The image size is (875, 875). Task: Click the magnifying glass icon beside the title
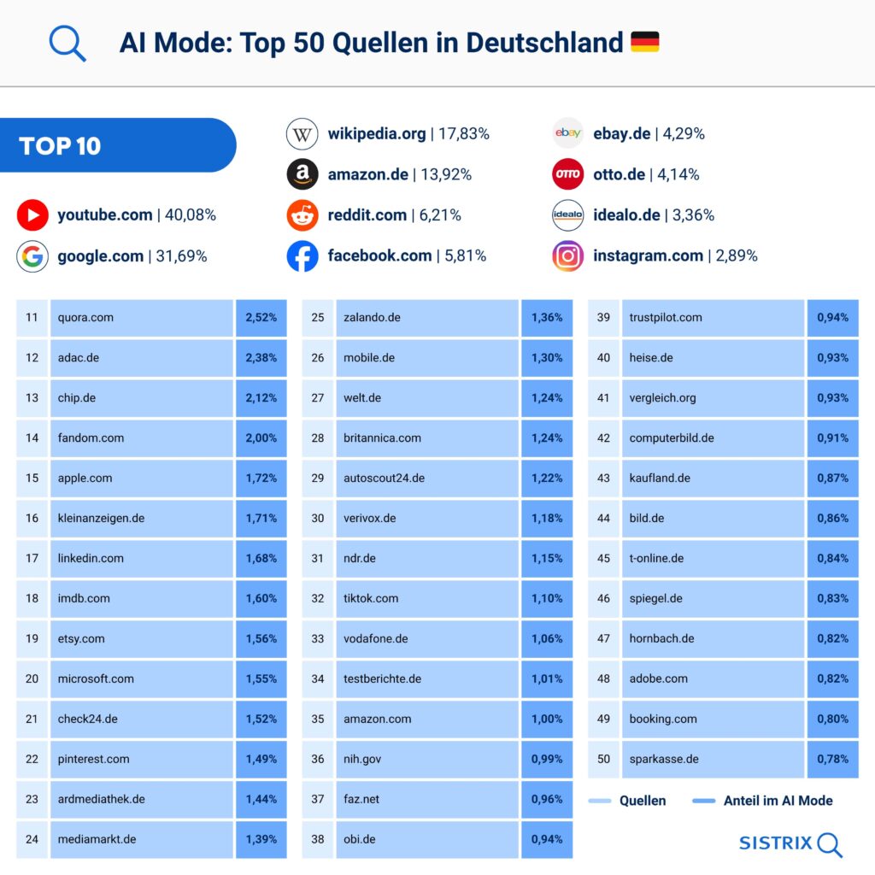(67, 43)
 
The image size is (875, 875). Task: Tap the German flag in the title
(644, 42)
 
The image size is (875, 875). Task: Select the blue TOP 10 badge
(117, 145)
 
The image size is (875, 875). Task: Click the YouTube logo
(32, 215)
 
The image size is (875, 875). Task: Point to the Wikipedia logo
(302, 134)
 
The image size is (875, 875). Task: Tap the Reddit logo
(302, 215)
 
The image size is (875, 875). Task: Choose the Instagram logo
(567, 255)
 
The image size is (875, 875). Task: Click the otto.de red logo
(567, 174)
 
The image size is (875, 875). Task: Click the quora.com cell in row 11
(142, 318)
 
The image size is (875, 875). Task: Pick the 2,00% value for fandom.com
(261, 438)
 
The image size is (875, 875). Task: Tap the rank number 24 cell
(32, 839)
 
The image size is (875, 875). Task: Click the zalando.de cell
(427, 318)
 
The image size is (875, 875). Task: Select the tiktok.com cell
(427, 599)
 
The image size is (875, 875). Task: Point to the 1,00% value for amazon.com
(547, 719)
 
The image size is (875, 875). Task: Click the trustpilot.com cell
(713, 318)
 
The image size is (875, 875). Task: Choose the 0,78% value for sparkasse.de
(832, 760)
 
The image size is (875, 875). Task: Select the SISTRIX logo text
(776, 843)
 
